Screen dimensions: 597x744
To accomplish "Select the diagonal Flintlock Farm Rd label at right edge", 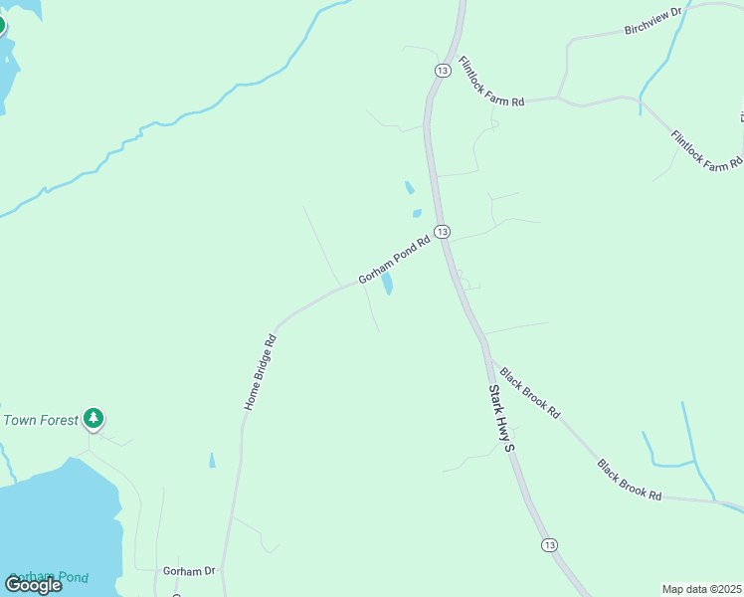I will coord(706,149).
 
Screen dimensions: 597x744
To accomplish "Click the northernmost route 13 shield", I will coord(443,69).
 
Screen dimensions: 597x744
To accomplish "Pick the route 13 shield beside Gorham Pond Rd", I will coord(443,232).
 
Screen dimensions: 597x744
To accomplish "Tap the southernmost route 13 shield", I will coord(550,545).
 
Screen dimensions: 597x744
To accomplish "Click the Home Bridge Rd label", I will coord(260,373).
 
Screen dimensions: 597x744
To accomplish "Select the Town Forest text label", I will coord(40,420).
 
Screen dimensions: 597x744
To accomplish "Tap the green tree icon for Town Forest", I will coord(93,418).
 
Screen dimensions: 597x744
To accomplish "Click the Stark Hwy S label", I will coord(500,418).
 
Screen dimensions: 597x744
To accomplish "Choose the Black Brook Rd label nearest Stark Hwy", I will coord(530,393).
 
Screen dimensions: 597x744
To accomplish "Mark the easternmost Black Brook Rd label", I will coord(630,479).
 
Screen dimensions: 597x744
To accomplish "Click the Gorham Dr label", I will coord(189,571).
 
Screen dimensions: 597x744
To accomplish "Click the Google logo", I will coord(33,584).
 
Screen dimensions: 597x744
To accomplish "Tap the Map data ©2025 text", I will coord(701,589).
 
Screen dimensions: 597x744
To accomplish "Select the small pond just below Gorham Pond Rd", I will coord(387,286).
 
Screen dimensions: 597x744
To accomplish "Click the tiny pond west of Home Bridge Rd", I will coord(212,460).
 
